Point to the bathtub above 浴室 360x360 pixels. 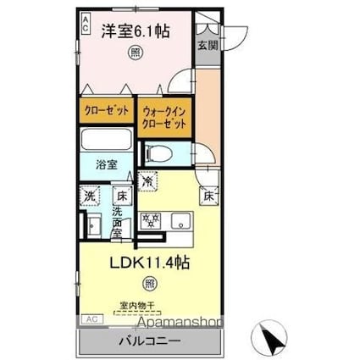[107, 141]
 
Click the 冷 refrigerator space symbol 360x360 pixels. [148, 180]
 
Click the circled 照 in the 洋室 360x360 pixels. [136, 53]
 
